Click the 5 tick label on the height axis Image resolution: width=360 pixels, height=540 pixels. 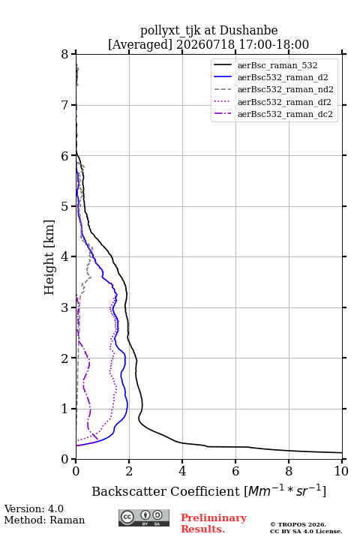65,207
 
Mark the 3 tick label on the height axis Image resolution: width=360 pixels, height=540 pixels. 65,307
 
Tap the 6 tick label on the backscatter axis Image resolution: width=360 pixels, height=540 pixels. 235,471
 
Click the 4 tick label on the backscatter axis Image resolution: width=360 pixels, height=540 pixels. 182,471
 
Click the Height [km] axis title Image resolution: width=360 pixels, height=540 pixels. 49,257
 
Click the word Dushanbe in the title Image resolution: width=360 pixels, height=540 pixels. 248,30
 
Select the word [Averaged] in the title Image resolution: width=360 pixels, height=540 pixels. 140,44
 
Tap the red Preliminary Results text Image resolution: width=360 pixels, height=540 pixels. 214,523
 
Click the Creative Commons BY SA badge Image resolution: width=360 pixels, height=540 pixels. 144,517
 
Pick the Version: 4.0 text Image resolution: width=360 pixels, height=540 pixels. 34,508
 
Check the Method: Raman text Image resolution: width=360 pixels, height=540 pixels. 44,520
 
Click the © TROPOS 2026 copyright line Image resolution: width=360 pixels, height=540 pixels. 298,524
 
